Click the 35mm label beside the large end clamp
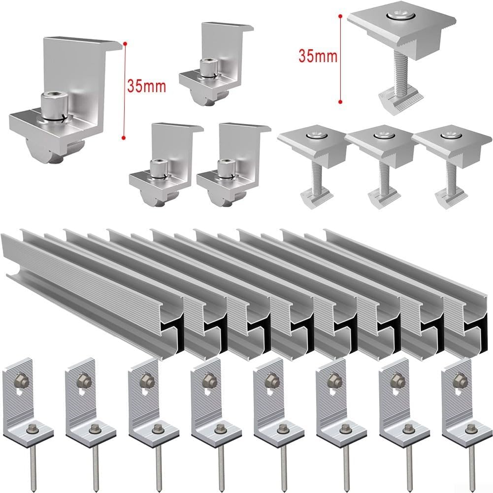(x=146, y=87)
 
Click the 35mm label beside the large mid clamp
(x=318, y=56)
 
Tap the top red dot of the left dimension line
(x=125, y=44)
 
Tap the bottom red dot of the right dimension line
(x=340, y=102)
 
